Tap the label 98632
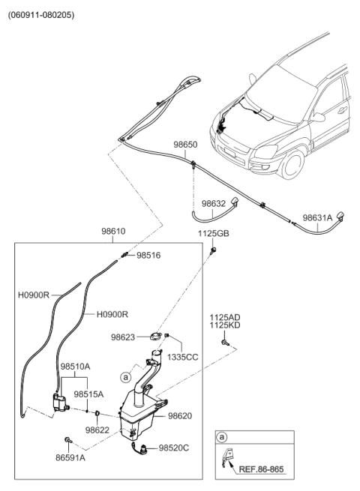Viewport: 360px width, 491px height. tap(213, 203)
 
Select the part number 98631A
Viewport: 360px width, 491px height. tap(318, 218)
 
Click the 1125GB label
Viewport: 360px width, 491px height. tap(213, 234)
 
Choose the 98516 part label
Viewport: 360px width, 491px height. tap(148, 256)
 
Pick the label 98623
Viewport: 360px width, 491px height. tap(124, 338)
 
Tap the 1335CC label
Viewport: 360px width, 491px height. tap(182, 357)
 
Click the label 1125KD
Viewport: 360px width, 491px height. tap(225, 327)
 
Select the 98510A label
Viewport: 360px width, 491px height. tap(75, 367)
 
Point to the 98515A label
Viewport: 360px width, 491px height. tap(88, 394)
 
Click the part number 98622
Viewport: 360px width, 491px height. tap(97, 430)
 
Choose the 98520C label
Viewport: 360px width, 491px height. tap(174, 448)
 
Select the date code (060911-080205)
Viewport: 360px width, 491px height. tap(42, 14)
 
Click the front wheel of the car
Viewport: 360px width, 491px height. tap(287, 163)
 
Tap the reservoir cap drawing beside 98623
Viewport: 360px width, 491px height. tap(157, 337)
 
